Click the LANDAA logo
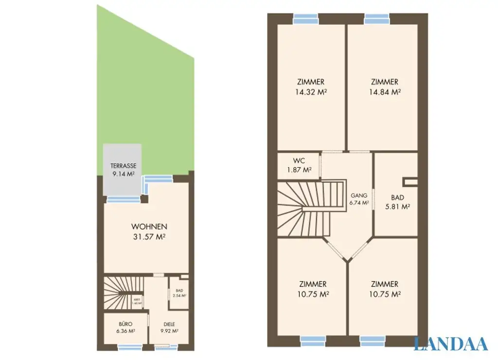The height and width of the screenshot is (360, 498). tap(450, 343)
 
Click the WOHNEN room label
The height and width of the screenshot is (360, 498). tap(149, 227)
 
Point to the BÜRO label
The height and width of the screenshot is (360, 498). tap(125, 324)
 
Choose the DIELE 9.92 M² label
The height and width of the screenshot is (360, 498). tap(169, 327)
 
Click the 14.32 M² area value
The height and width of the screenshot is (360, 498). tap(311, 91)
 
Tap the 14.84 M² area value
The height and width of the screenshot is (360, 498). tap(384, 91)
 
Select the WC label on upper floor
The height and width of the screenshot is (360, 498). tap(299, 161)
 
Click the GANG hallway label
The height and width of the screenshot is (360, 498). tap(359, 196)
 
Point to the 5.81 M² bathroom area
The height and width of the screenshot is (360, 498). tap(397, 206)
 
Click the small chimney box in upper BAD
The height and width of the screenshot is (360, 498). tap(410, 182)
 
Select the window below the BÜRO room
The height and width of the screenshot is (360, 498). tap(130, 347)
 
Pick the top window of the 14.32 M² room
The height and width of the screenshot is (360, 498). tap(306, 19)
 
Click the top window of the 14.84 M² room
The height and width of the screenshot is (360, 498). tap(377, 19)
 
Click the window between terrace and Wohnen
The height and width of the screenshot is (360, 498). tap(123, 199)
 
